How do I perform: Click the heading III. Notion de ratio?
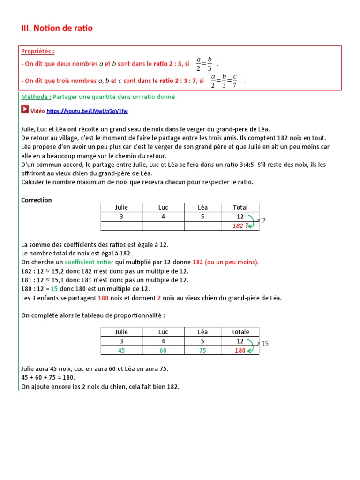tap(57, 28)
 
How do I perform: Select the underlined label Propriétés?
tap(37, 51)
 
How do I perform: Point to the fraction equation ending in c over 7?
tap(224, 81)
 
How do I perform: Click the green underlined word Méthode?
tap(36, 97)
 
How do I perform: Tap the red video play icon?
tap(25, 109)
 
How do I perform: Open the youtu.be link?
tap(87, 111)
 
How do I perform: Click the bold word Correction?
tap(37, 200)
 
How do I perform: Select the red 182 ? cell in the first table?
tap(240, 225)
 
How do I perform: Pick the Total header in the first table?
tap(240, 207)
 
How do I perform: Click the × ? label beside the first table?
tap(262, 220)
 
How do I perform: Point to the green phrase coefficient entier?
tap(89, 262)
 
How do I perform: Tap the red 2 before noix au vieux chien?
tap(159, 298)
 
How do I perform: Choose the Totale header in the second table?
tap(240, 332)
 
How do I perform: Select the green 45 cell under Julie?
tap(121, 350)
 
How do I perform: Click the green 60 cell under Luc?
tap(163, 350)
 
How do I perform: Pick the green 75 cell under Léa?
tap(202, 350)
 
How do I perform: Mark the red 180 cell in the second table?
tap(240, 350)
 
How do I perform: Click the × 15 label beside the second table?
tap(263, 344)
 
